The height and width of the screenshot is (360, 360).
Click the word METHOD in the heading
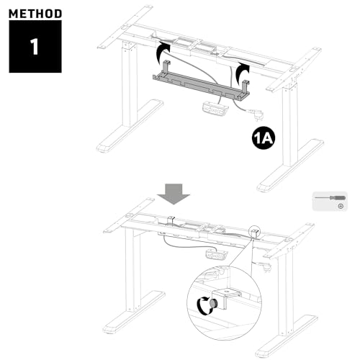(35, 13)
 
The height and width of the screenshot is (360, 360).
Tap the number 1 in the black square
(35, 47)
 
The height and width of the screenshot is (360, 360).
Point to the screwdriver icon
(328, 196)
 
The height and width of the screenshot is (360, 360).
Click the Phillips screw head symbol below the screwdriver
(340, 206)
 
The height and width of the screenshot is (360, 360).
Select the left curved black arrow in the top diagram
(163, 55)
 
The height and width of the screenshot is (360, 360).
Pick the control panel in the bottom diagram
(214, 253)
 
